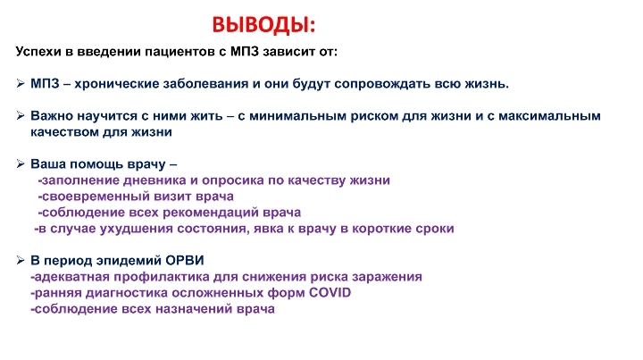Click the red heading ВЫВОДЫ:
(x=263, y=25)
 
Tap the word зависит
(x=288, y=52)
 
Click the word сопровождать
(x=384, y=84)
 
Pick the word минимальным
(x=297, y=116)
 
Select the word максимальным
(x=549, y=116)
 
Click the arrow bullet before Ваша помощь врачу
(x=21, y=164)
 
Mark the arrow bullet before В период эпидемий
(x=21, y=260)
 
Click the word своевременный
(x=96, y=197)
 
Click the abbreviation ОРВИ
(x=185, y=260)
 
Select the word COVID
(x=330, y=293)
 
